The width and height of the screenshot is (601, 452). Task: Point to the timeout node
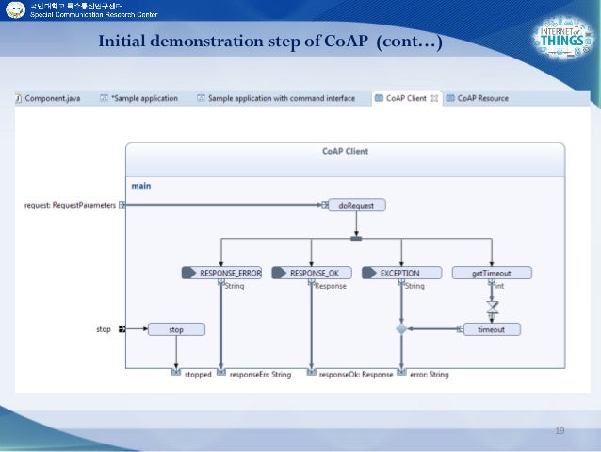click(491, 329)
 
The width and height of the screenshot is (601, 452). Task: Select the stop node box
click(176, 329)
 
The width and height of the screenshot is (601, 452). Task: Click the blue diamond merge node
click(401, 329)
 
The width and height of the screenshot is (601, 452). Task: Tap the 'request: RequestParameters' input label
click(70, 205)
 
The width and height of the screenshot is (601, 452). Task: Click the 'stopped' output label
click(198, 374)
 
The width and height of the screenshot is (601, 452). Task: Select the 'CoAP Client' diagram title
click(345, 151)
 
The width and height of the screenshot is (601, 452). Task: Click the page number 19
click(560, 430)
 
